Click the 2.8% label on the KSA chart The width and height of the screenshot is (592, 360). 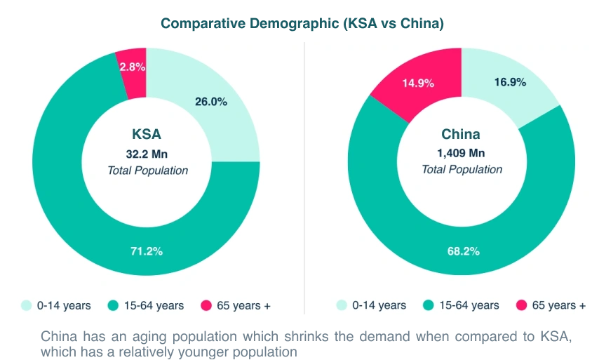pyautogui.click(x=132, y=67)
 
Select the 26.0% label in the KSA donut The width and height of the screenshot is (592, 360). pyautogui.click(x=210, y=101)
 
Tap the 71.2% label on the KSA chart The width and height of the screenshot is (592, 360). pyautogui.click(x=147, y=251)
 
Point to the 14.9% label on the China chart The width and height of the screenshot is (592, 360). pyautogui.click(x=418, y=83)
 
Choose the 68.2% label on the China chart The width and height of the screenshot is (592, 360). pyautogui.click(x=463, y=251)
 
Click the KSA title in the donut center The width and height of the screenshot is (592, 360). pyautogui.click(x=147, y=135)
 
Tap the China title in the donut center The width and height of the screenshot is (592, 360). pyautogui.click(x=462, y=135)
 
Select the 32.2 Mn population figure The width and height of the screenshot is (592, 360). pyautogui.click(x=147, y=154)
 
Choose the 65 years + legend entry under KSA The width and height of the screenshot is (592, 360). pyautogui.click(x=236, y=305)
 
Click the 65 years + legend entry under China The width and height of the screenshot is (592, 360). pyautogui.click(x=551, y=305)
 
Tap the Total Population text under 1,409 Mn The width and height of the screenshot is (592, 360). pyautogui.click(x=462, y=170)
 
